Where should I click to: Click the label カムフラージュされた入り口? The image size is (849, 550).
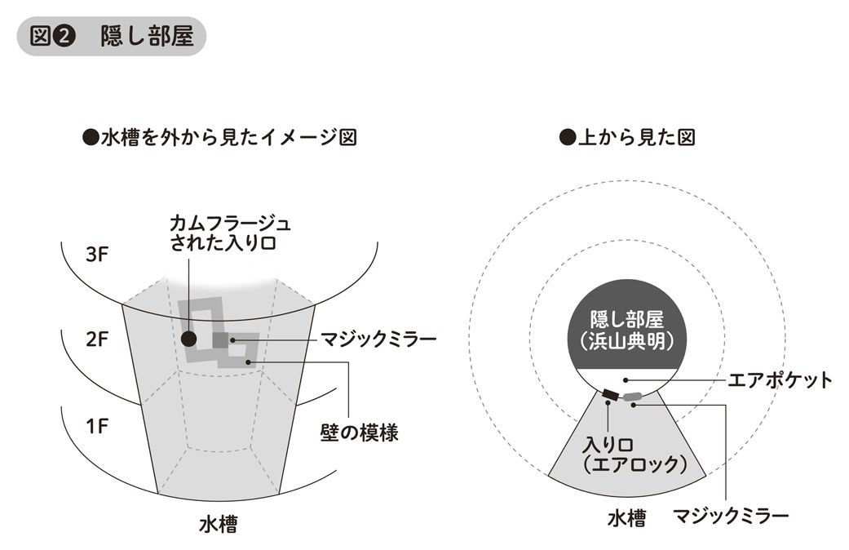click(x=230, y=232)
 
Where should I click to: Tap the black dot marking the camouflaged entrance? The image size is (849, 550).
click(x=189, y=338)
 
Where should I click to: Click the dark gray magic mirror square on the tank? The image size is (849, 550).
click(x=220, y=339)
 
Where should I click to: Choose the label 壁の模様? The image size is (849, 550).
click(x=359, y=432)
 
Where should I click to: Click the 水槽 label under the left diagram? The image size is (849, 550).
click(x=218, y=524)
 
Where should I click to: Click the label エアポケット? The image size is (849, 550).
click(x=780, y=379)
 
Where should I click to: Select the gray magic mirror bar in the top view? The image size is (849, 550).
click(x=633, y=397)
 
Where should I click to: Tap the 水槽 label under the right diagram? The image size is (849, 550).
click(x=626, y=517)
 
